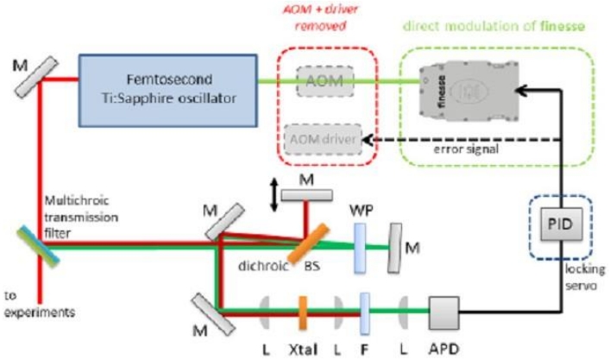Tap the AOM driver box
[322, 138]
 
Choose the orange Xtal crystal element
[304, 309]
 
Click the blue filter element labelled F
[364, 309]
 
